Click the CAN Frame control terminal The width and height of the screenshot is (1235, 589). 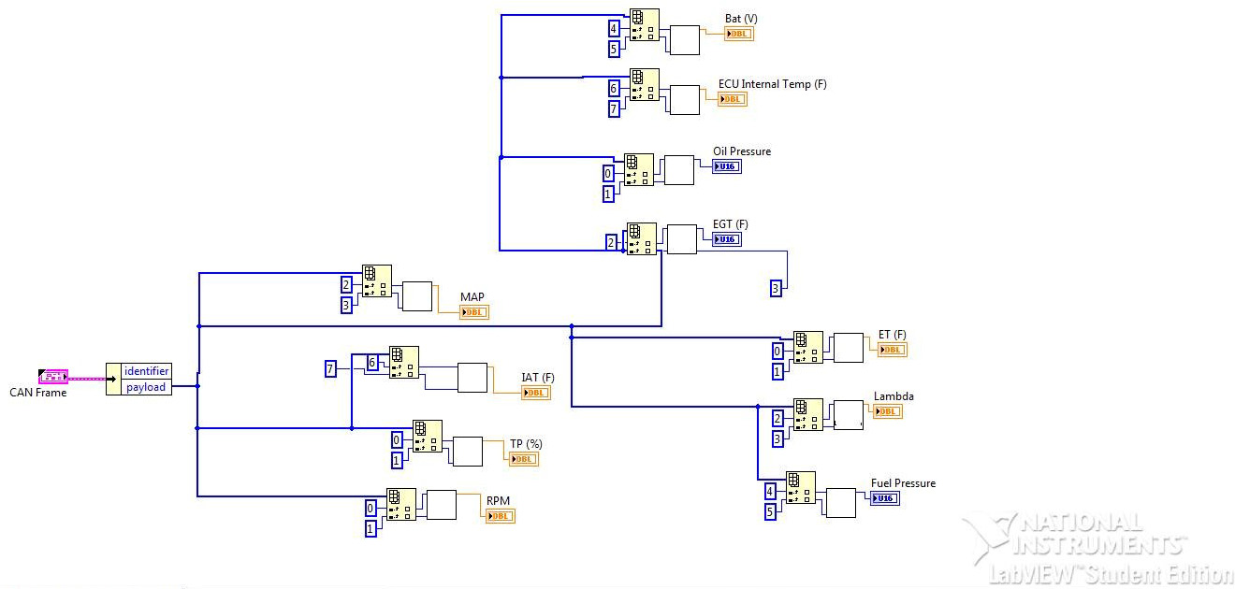coord(53,376)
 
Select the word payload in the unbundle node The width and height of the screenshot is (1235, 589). coord(146,387)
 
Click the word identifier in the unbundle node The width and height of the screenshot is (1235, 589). coord(147,371)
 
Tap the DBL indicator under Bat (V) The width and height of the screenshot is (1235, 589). coord(738,34)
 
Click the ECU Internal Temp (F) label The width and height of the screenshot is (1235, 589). coord(772,84)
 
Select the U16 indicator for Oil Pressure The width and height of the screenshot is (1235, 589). coord(726,166)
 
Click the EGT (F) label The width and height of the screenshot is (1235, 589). coord(730,224)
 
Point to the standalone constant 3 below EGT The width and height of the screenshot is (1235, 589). coord(776,288)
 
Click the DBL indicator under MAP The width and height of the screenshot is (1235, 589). coord(474,312)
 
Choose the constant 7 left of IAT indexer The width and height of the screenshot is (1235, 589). coord(330,368)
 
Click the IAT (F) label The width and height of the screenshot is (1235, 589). coord(538,378)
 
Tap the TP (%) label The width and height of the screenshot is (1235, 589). coord(526,444)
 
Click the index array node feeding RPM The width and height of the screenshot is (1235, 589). coord(401,505)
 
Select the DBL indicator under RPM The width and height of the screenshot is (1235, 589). coord(501,516)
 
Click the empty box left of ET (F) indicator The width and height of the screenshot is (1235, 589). coord(848,348)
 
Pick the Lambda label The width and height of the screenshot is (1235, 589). coord(894,396)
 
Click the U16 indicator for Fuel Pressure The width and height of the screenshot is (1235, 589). coord(884,498)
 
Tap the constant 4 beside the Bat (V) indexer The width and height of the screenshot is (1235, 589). coord(614,28)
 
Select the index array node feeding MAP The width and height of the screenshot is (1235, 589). coord(377,280)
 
